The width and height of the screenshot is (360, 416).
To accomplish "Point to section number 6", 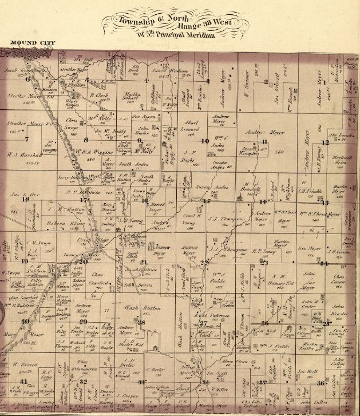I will [x=27, y=80].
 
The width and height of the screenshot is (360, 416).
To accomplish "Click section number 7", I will [x=26, y=138].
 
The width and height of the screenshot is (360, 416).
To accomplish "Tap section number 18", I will [x=25, y=200].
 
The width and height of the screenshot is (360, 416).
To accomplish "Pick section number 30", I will [x=25, y=321].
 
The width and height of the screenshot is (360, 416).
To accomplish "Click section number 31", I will [x=23, y=381].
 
